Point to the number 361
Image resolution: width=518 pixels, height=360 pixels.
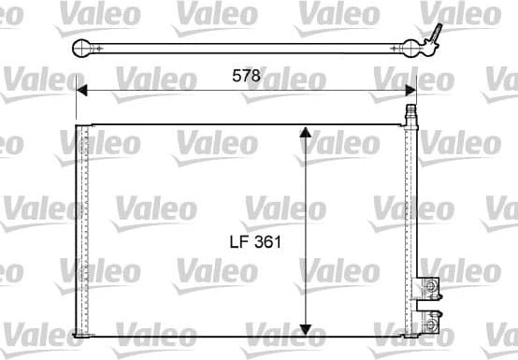(266, 241)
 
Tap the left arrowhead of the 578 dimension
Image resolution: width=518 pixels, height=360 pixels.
(82, 90)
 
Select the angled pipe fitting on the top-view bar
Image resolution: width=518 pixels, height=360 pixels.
(433, 36)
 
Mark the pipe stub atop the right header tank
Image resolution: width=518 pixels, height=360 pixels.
(409, 115)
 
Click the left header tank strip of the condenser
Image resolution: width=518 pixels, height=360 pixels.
(82, 229)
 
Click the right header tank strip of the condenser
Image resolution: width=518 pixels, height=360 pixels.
(409, 229)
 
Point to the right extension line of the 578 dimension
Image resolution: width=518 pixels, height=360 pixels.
(416, 100)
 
